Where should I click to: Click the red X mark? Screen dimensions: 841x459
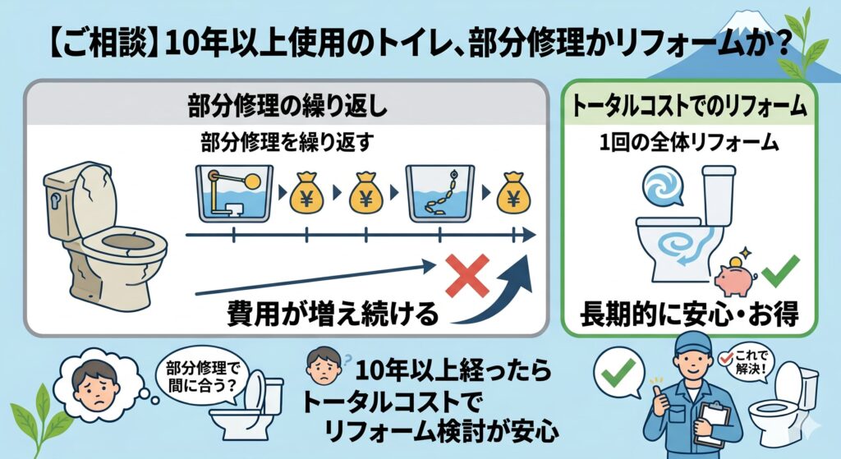(467, 275)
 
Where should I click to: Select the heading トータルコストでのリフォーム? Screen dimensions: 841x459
(689, 105)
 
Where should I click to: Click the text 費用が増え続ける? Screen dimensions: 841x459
(333, 313)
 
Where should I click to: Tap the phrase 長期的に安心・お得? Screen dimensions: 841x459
(689, 314)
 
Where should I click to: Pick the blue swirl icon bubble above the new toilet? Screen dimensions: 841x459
(663, 186)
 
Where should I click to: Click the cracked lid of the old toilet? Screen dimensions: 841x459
(95, 200)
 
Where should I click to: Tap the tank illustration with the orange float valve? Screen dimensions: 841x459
(234, 193)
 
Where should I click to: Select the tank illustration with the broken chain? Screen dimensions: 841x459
(440, 193)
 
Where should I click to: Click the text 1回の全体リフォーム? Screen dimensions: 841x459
(689, 143)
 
